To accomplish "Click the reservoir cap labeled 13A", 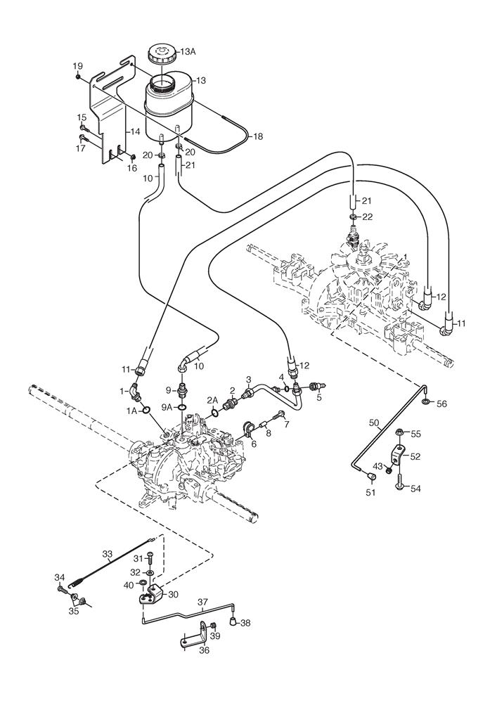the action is click(162, 54).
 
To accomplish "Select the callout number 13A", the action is click(188, 51).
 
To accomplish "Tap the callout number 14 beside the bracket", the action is click(136, 132).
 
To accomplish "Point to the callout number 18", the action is click(259, 136).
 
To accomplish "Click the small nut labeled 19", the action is click(78, 77).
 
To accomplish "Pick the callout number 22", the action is click(368, 217).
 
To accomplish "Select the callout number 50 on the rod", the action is click(374, 423).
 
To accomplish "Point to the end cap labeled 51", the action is click(370, 476).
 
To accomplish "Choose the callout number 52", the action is click(415, 456).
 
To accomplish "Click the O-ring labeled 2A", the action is click(214, 411).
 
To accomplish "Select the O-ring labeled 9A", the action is click(182, 407).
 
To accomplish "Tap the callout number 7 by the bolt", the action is click(286, 424).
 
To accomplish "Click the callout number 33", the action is click(107, 554).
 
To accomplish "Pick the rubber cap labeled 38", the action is click(233, 621).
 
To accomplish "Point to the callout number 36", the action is click(204, 650).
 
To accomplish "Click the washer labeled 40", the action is click(143, 583).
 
